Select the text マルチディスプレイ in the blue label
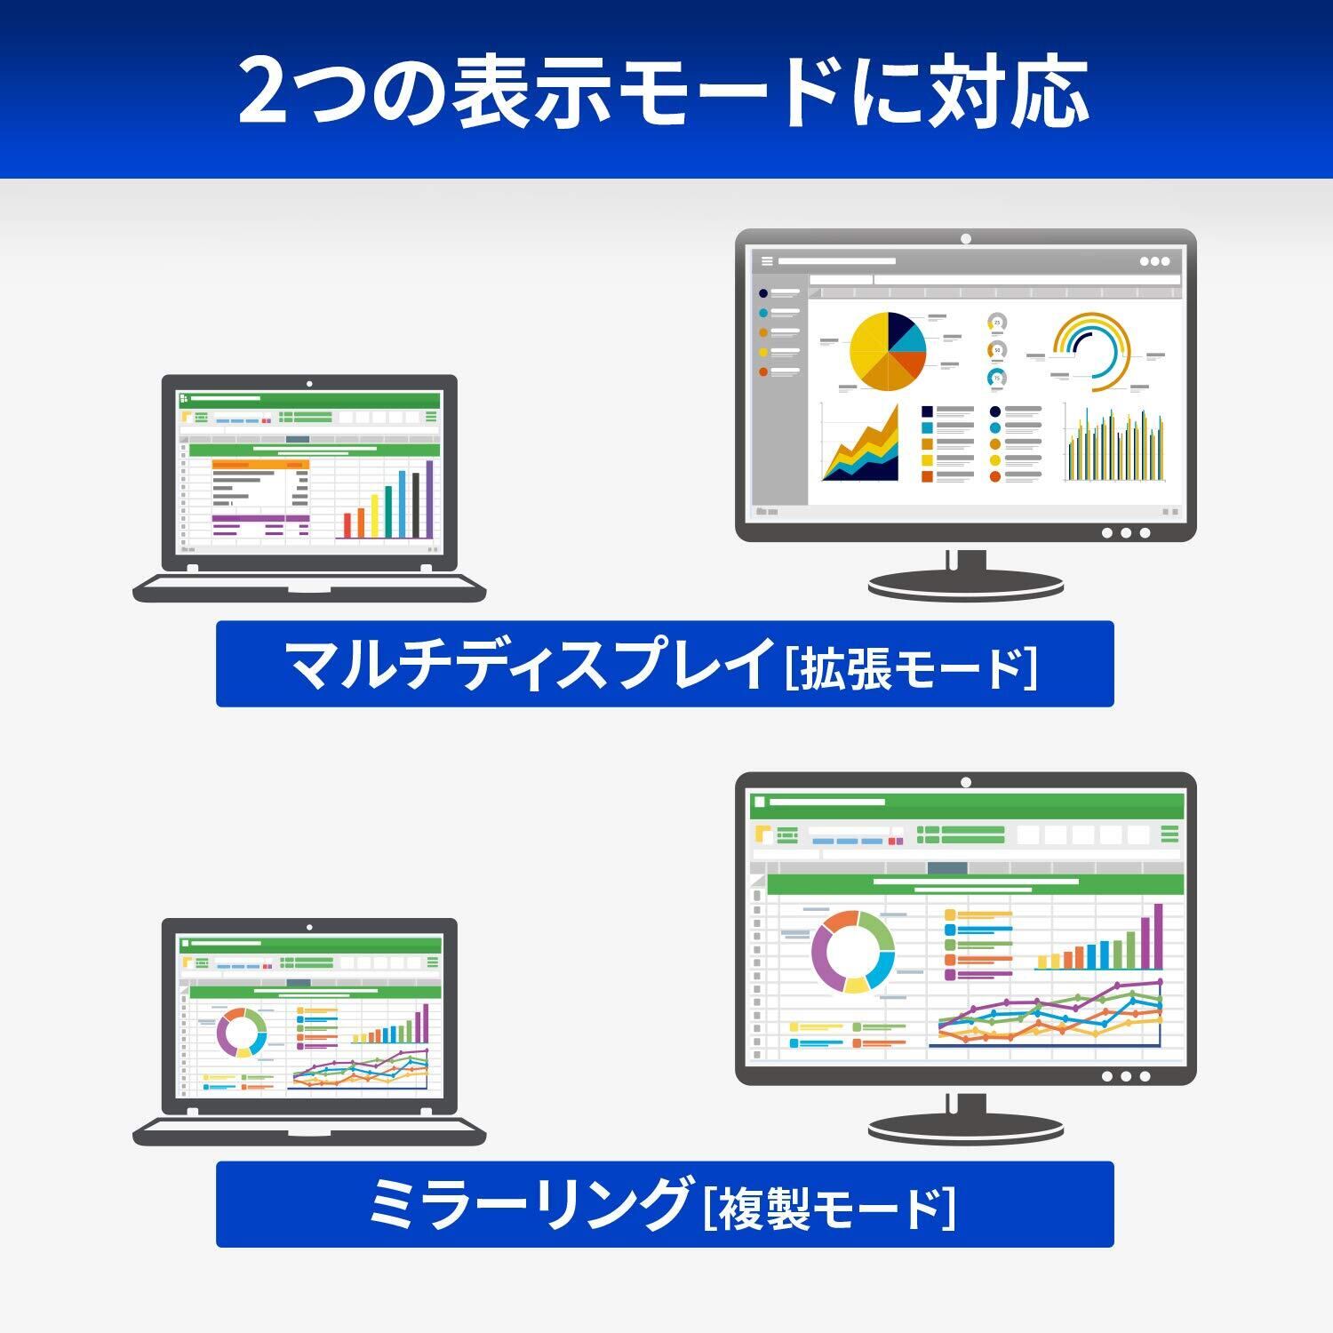528,664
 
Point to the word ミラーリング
529,1203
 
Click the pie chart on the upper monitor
888,351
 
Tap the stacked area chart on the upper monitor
860,443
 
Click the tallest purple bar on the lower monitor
1158,936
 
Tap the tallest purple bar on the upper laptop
430,499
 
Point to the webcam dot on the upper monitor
966,238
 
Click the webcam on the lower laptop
309,928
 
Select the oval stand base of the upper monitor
966,586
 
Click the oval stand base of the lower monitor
966,1129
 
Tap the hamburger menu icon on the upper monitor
767,261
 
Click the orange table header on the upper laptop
260,464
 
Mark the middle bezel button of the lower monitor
1126,1076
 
